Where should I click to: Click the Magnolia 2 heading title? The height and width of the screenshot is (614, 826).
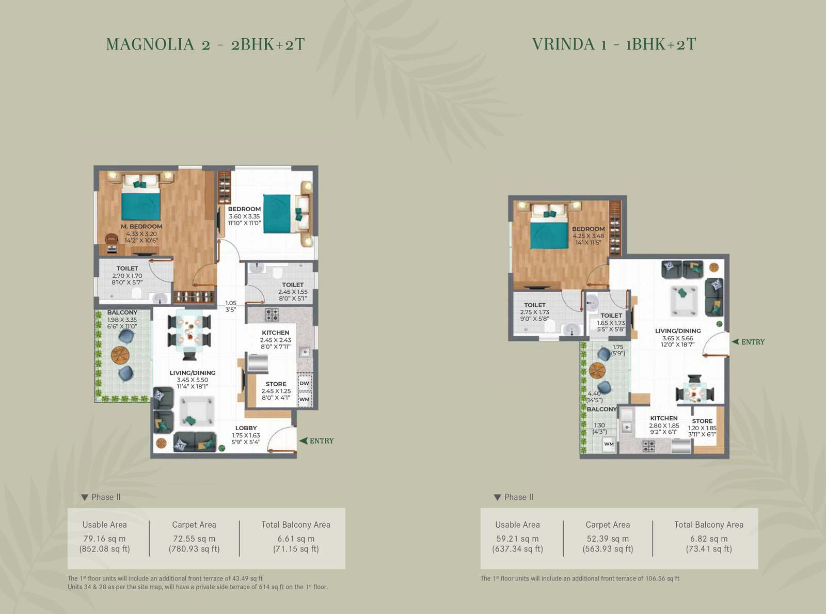[205, 44]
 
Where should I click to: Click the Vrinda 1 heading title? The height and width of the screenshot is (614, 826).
[614, 44]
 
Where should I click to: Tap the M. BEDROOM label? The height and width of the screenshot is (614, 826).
[141, 226]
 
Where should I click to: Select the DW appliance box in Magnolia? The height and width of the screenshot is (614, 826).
[305, 383]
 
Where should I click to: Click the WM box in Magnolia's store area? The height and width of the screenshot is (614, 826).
[305, 399]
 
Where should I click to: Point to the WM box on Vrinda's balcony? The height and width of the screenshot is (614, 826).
[609, 444]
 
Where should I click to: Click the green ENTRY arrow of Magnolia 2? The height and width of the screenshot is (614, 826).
[304, 441]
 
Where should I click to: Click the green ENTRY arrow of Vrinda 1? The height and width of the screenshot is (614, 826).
[735, 342]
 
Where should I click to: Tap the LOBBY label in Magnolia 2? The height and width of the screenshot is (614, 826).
[246, 428]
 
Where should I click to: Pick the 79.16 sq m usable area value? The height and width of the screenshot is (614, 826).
[104, 539]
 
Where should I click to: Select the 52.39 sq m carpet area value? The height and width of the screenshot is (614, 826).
[608, 539]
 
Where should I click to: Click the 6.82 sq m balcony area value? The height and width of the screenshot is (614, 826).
[709, 539]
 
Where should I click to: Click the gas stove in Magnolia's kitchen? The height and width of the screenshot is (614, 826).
[272, 315]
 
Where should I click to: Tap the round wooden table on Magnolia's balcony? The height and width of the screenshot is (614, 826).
[120, 355]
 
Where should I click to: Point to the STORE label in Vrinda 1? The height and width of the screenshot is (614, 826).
[702, 421]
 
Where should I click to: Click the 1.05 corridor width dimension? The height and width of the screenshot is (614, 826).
[231, 303]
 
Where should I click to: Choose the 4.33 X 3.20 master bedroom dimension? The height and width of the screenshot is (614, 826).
[141, 233]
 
